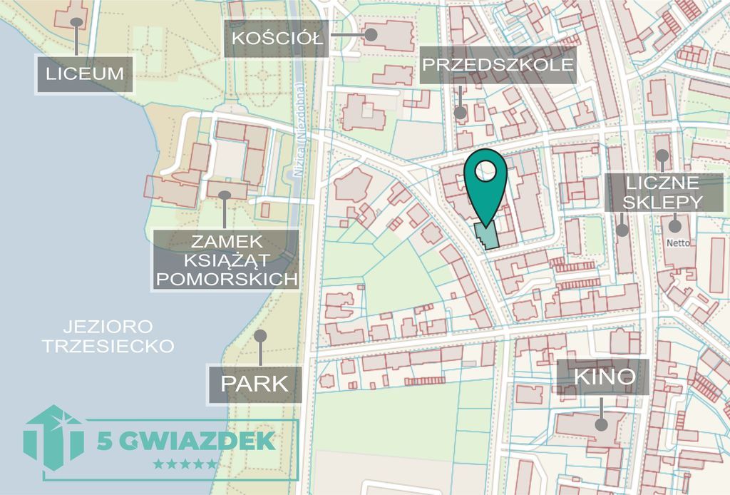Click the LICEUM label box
[x=86, y=73]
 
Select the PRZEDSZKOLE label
[x=498, y=66]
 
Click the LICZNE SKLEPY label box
[x=662, y=192]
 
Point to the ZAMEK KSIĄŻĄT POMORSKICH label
[x=225, y=259]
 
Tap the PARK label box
[x=255, y=384]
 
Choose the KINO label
[x=604, y=376]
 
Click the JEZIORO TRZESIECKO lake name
[x=108, y=337]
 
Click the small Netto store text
[x=678, y=243]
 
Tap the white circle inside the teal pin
[x=485, y=171]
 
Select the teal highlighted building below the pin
[x=486, y=235]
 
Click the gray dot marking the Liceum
[x=76, y=22]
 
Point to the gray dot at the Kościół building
[x=370, y=33]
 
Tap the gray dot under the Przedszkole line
[x=461, y=112]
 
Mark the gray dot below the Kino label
[x=602, y=424]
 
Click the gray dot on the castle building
[x=225, y=194]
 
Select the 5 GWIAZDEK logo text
[x=186, y=441]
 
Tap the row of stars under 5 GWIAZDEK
[x=185, y=464]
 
